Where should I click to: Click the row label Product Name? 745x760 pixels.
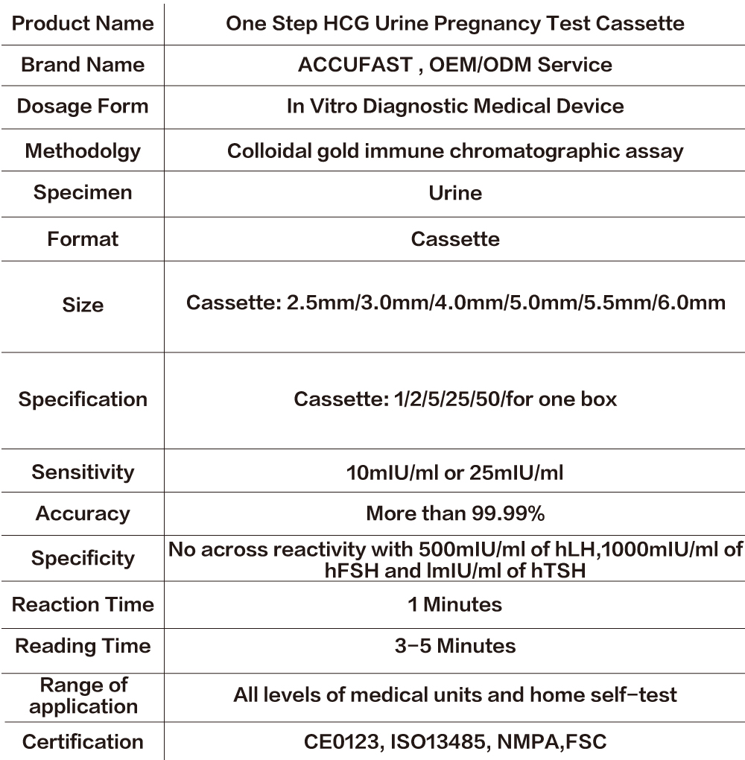[83, 23]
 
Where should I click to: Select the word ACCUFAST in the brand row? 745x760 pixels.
[354, 65]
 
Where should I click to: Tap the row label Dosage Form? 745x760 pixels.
[83, 106]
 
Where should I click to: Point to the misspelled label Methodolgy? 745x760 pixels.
[83, 151]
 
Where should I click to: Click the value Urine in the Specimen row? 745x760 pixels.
[455, 193]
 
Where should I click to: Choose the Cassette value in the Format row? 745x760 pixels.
[455, 239]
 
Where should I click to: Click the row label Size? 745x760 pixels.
[83, 305]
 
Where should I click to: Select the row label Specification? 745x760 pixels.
[83, 399]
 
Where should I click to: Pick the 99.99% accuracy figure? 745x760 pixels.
[508, 513]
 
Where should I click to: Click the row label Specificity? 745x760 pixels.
[83, 559]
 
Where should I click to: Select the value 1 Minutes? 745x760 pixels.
[455, 604]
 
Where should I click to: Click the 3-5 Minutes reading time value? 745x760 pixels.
[455, 646]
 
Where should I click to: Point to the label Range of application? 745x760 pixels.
[83, 696]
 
